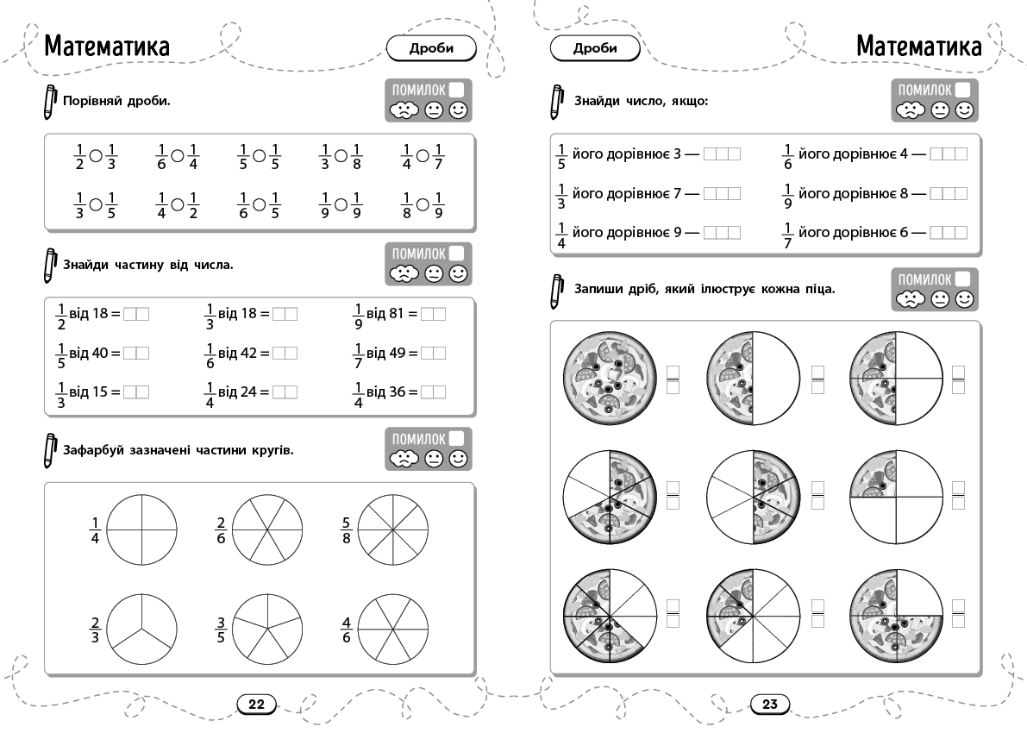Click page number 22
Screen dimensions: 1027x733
coord(256,705)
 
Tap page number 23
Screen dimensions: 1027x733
coord(769,705)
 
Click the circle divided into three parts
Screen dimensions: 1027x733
coord(141,630)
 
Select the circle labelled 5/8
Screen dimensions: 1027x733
coord(393,529)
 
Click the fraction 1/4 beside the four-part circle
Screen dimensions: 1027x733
coord(94,530)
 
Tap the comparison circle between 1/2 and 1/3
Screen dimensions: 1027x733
coord(96,156)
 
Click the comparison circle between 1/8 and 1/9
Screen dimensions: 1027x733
coord(423,205)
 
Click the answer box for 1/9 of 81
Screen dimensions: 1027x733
coord(433,315)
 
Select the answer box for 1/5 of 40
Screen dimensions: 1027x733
coord(136,353)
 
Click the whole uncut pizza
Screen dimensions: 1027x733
coord(609,378)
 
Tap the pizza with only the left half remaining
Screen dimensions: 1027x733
coord(754,378)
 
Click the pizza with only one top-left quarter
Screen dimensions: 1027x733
coord(896,498)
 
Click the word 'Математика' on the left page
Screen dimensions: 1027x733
coord(107,47)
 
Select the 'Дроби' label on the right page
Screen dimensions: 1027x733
coord(595,47)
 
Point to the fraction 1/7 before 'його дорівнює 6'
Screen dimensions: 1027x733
coord(787,235)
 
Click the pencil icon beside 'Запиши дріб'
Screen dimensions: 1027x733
coord(557,291)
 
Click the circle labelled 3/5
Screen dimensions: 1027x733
coord(267,630)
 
